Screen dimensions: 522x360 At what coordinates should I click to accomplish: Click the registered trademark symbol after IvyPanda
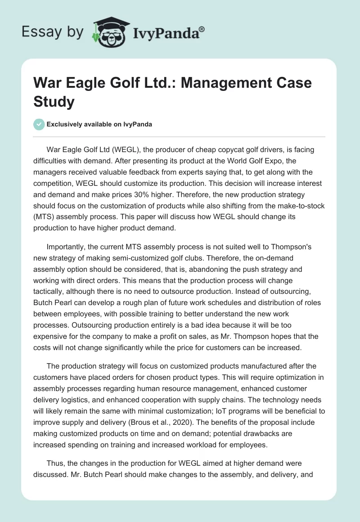pyautogui.click(x=202, y=29)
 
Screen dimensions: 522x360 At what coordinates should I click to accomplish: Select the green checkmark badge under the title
pyautogui.click(x=39, y=124)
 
